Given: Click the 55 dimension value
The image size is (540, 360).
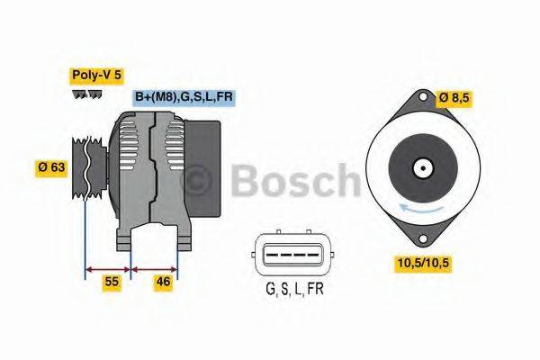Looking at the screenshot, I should tap(112, 283).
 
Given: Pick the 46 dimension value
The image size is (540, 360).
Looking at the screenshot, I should tap(164, 283).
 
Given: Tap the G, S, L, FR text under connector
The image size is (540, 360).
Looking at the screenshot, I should tap(294, 289).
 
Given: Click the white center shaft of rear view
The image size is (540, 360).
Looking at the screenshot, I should tap(420, 167).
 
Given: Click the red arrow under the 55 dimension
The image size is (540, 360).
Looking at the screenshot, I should tap(107, 267).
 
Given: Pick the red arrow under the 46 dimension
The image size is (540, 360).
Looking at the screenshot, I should tap(154, 267).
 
